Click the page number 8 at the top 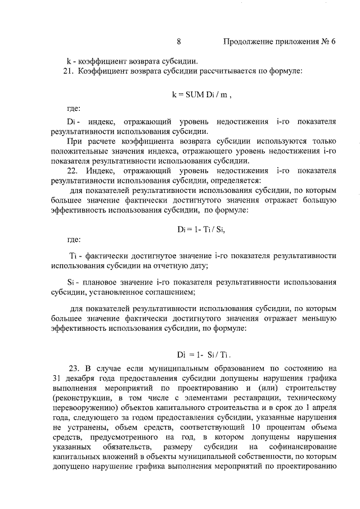(x=178, y=41)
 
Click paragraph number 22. (x=72, y=171)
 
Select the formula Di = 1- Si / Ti (x=204, y=355)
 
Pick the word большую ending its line (x=319, y=201)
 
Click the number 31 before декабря (x=56, y=379)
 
